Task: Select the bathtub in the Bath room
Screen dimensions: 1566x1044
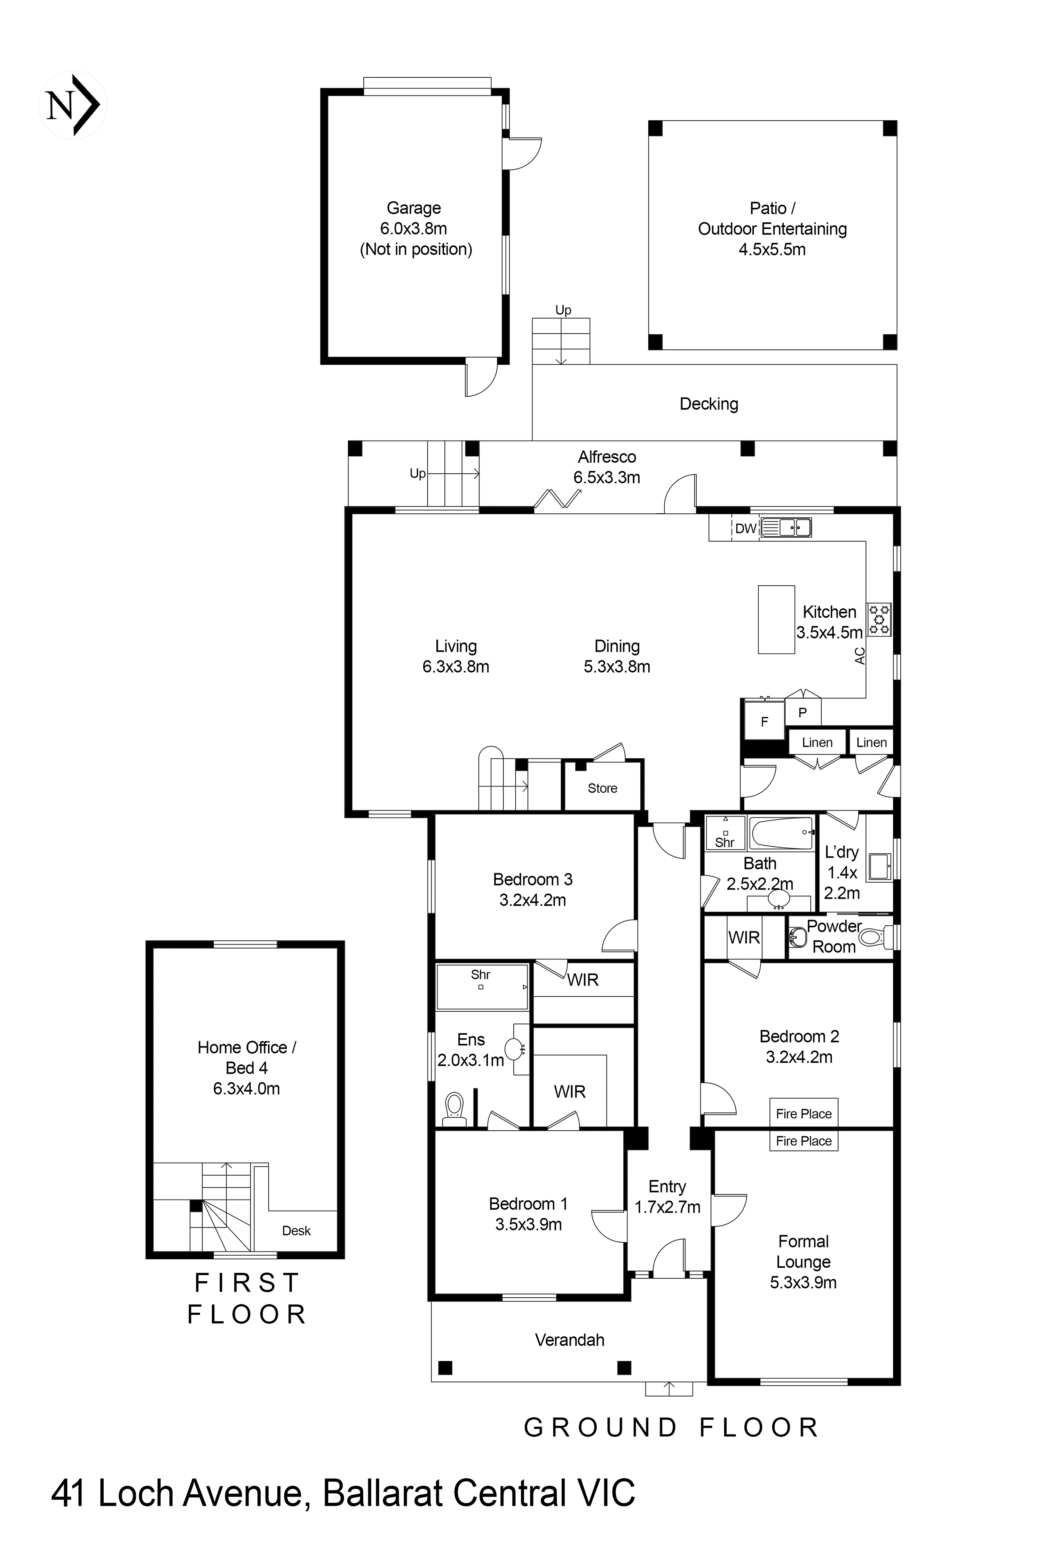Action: [x=781, y=833]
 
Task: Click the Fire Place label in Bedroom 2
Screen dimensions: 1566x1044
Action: [x=804, y=1114]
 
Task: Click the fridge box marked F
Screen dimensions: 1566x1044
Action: [x=764, y=722]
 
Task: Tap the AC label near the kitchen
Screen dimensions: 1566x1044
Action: [x=860, y=656]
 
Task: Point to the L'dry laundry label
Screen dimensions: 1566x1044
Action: [x=841, y=852]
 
